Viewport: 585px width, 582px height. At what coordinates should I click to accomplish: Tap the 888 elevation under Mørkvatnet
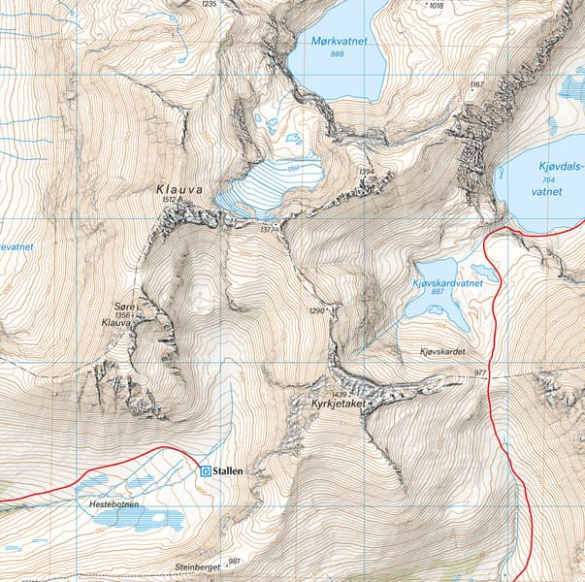point(337,54)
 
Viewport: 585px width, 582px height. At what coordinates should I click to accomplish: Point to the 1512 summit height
point(171,201)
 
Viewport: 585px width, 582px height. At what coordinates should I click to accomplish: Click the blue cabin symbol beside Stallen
point(205,470)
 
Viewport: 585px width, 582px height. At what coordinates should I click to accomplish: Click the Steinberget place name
point(198,566)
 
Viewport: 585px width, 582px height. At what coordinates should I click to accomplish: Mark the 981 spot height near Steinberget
point(233,561)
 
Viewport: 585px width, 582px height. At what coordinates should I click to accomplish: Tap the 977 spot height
point(480,372)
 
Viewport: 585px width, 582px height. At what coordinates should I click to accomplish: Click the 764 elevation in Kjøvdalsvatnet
point(546,179)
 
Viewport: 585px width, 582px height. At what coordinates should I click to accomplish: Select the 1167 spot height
point(475,85)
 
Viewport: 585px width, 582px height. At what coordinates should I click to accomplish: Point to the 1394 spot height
point(366,172)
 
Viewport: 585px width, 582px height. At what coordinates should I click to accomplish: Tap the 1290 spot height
point(316,310)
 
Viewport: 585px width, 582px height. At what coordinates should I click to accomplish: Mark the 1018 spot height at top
point(436,5)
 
